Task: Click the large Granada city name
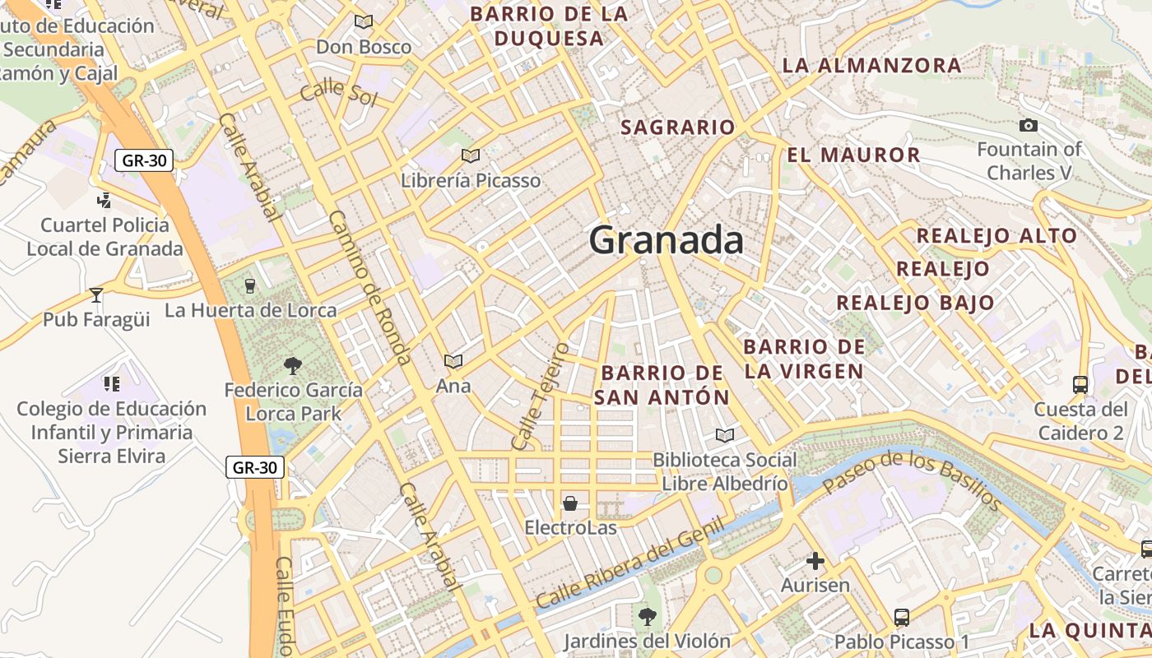coord(667,241)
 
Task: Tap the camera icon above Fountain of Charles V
coord(1028,126)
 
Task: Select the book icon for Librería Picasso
coord(471,155)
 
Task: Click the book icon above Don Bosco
coord(363,22)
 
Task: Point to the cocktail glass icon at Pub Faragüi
coord(96,294)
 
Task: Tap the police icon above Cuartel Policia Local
coord(105,200)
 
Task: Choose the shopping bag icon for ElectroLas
coord(570,503)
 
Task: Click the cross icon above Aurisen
coord(815,561)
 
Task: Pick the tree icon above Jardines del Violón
coord(648,615)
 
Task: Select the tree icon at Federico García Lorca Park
coord(292,365)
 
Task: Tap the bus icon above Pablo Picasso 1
coord(902,617)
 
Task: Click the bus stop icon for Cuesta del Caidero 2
coord(1080,384)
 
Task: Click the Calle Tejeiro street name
coord(540,396)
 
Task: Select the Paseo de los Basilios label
coord(913,480)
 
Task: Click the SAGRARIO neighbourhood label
coord(677,127)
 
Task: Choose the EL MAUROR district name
coord(853,155)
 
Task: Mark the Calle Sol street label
coord(338,93)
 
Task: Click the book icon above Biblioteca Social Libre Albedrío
coord(725,435)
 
